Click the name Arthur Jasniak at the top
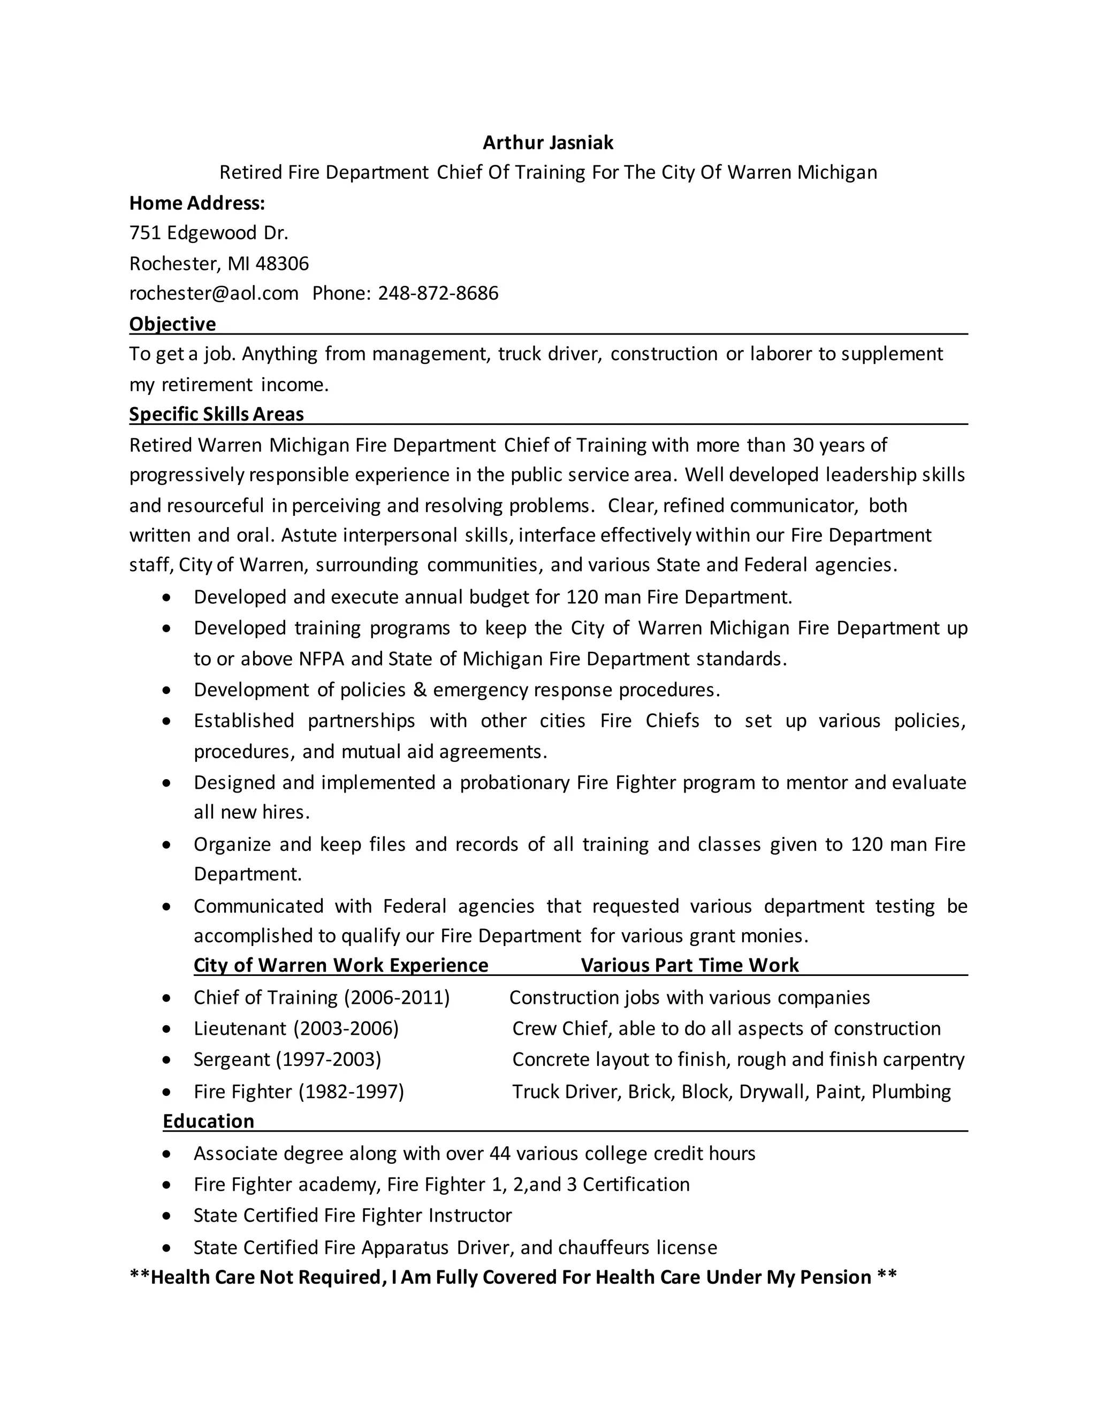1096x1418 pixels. point(548,142)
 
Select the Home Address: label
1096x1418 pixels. point(197,203)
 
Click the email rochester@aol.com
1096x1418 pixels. point(214,293)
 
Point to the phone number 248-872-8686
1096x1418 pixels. point(438,293)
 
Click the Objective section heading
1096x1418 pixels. point(172,324)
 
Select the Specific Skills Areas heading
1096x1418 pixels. point(216,414)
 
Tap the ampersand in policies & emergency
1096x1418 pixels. point(420,690)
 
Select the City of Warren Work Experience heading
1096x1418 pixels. point(341,965)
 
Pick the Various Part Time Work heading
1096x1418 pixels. point(689,965)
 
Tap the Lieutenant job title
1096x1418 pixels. point(240,1028)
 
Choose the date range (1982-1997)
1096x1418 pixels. point(351,1092)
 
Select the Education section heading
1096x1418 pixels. point(208,1121)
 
